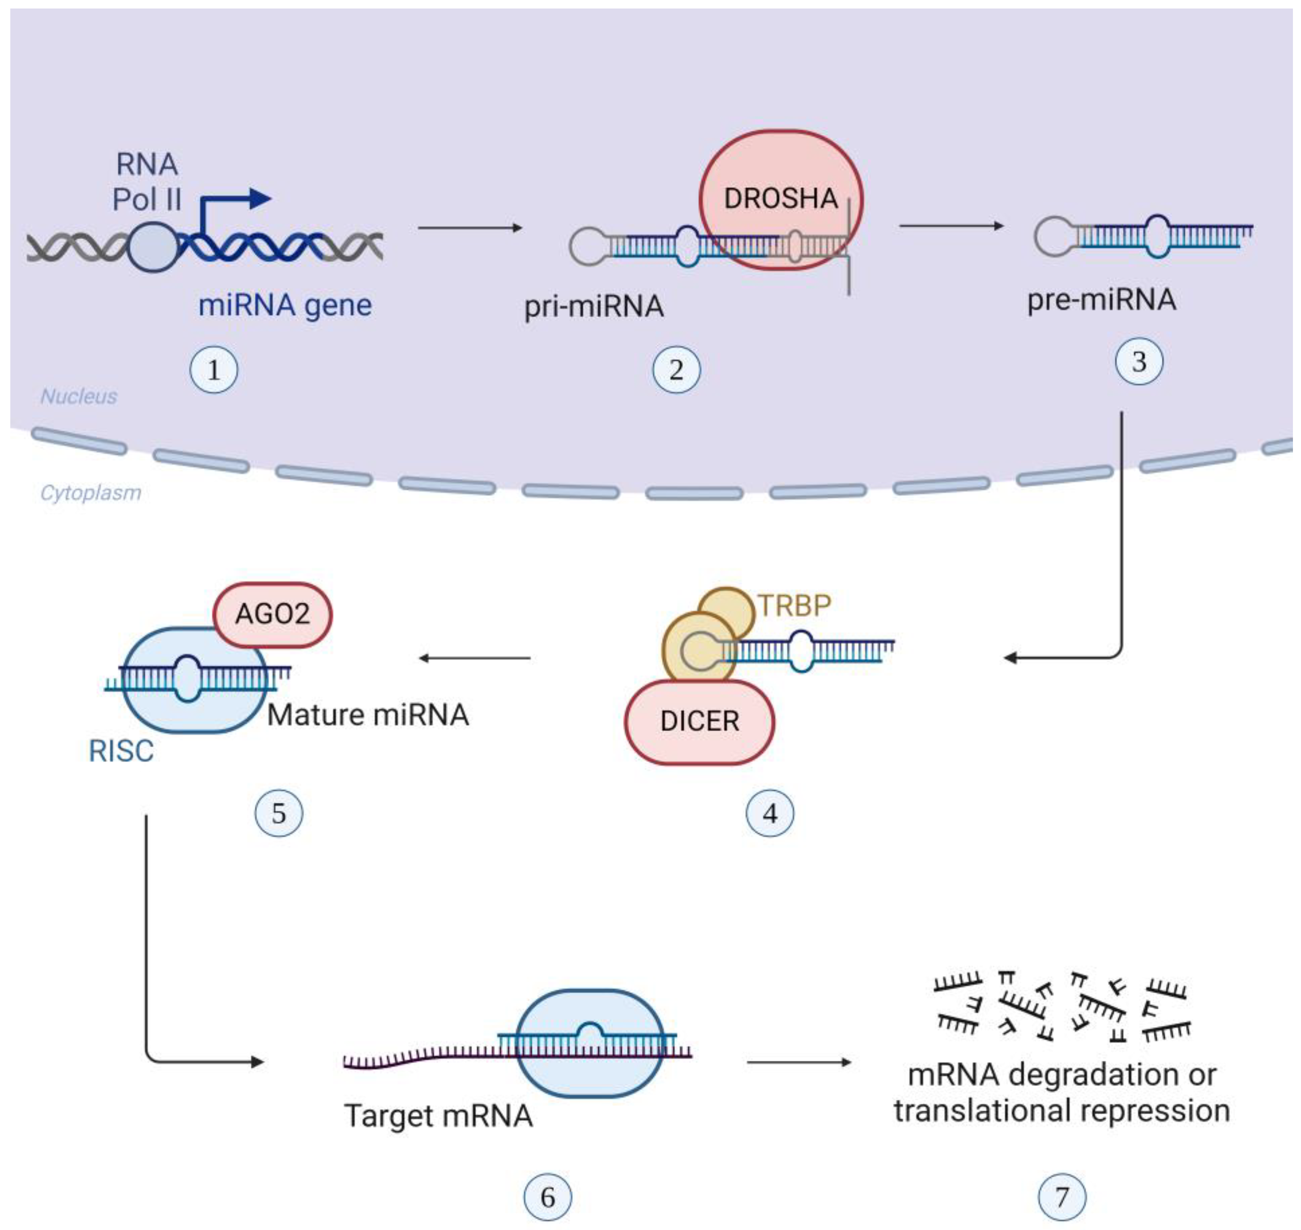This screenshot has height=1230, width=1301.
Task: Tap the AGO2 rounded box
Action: (x=273, y=614)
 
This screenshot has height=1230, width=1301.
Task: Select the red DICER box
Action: (x=700, y=721)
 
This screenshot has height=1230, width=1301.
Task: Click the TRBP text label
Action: (x=794, y=605)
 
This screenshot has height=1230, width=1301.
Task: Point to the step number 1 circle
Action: (x=213, y=370)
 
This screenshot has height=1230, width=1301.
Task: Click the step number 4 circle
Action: (x=770, y=814)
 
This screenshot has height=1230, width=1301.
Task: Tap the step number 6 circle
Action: (x=548, y=1197)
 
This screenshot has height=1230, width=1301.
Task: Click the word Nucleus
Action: (x=79, y=396)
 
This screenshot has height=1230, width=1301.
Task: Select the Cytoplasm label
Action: (x=90, y=493)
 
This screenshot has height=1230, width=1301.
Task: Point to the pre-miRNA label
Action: (x=1101, y=300)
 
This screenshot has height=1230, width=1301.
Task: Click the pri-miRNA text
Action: (x=594, y=306)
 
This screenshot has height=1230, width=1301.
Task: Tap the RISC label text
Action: (x=121, y=751)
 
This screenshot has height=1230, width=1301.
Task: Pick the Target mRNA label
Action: (x=439, y=1116)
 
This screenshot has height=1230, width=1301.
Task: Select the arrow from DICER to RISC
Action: (x=474, y=658)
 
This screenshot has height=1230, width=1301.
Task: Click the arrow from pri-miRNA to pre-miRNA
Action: (x=951, y=226)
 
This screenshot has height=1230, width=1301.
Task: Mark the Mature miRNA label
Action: (x=368, y=715)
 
